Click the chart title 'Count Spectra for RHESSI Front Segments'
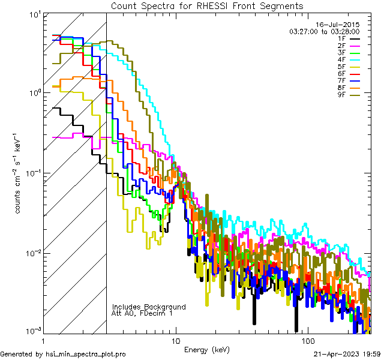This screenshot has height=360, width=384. (x=208, y=5)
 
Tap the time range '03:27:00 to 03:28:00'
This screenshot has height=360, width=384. (x=325, y=31)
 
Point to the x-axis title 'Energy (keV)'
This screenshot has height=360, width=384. (x=207, y=350)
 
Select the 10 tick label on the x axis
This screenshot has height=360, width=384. (x=175, y=340)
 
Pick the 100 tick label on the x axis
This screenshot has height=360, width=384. (x=307, y=340)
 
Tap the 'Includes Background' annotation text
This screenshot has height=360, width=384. (x=149, y=307)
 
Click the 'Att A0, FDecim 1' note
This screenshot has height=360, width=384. (x=143, y=313)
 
